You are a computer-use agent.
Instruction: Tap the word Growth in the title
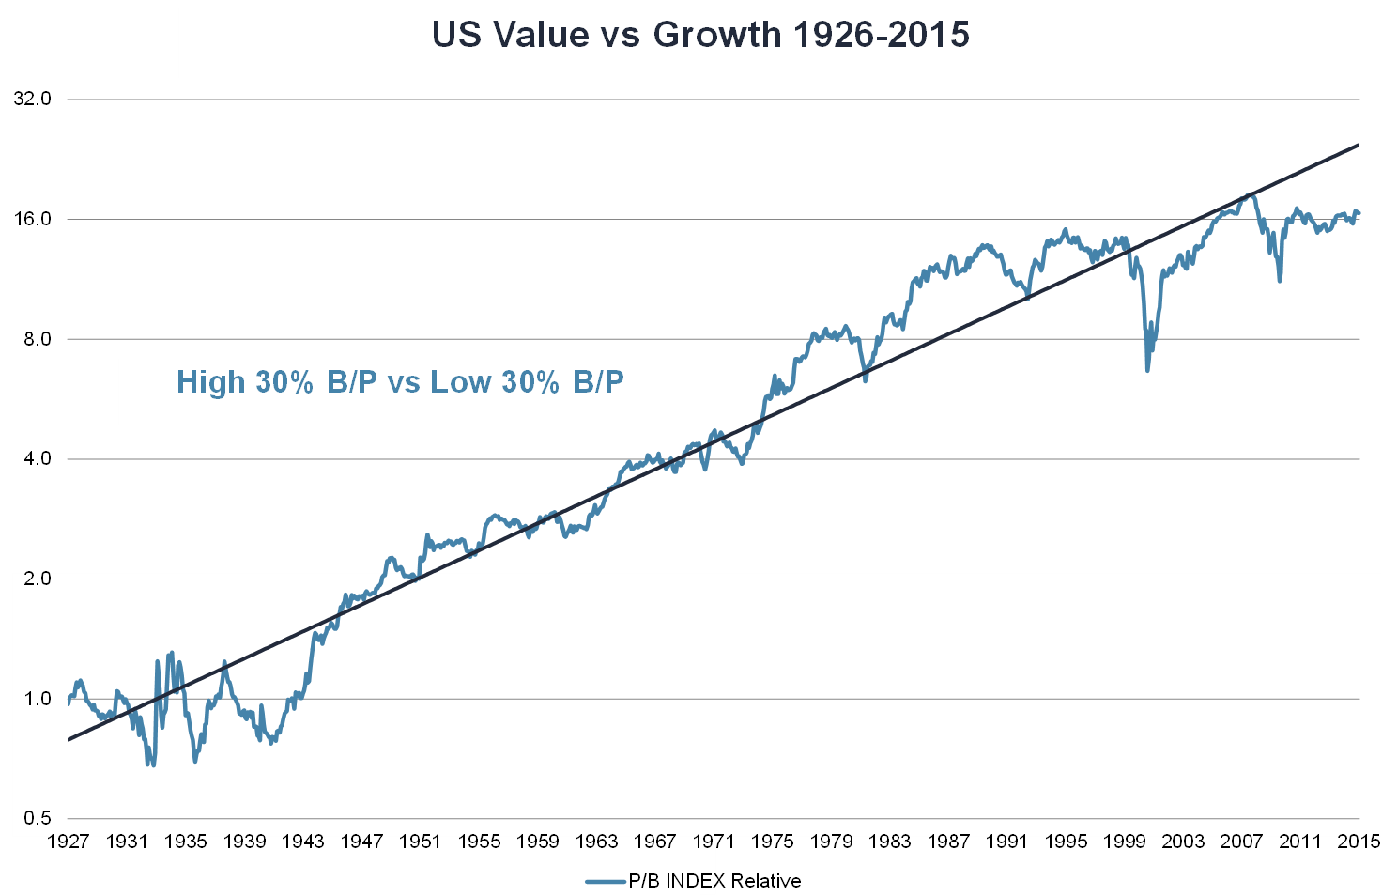716,35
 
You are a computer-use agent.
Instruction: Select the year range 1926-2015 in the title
881,35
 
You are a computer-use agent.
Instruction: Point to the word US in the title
457,35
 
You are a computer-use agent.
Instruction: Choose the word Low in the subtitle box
461,382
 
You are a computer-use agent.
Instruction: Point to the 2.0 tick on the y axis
38,579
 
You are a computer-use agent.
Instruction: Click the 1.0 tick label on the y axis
38,699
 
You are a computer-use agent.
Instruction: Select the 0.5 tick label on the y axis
38,819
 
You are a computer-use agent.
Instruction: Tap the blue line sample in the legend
606,881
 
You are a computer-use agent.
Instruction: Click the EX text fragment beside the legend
708,881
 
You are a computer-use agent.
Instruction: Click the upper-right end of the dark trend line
1359,146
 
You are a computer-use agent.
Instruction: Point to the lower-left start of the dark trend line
69,740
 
